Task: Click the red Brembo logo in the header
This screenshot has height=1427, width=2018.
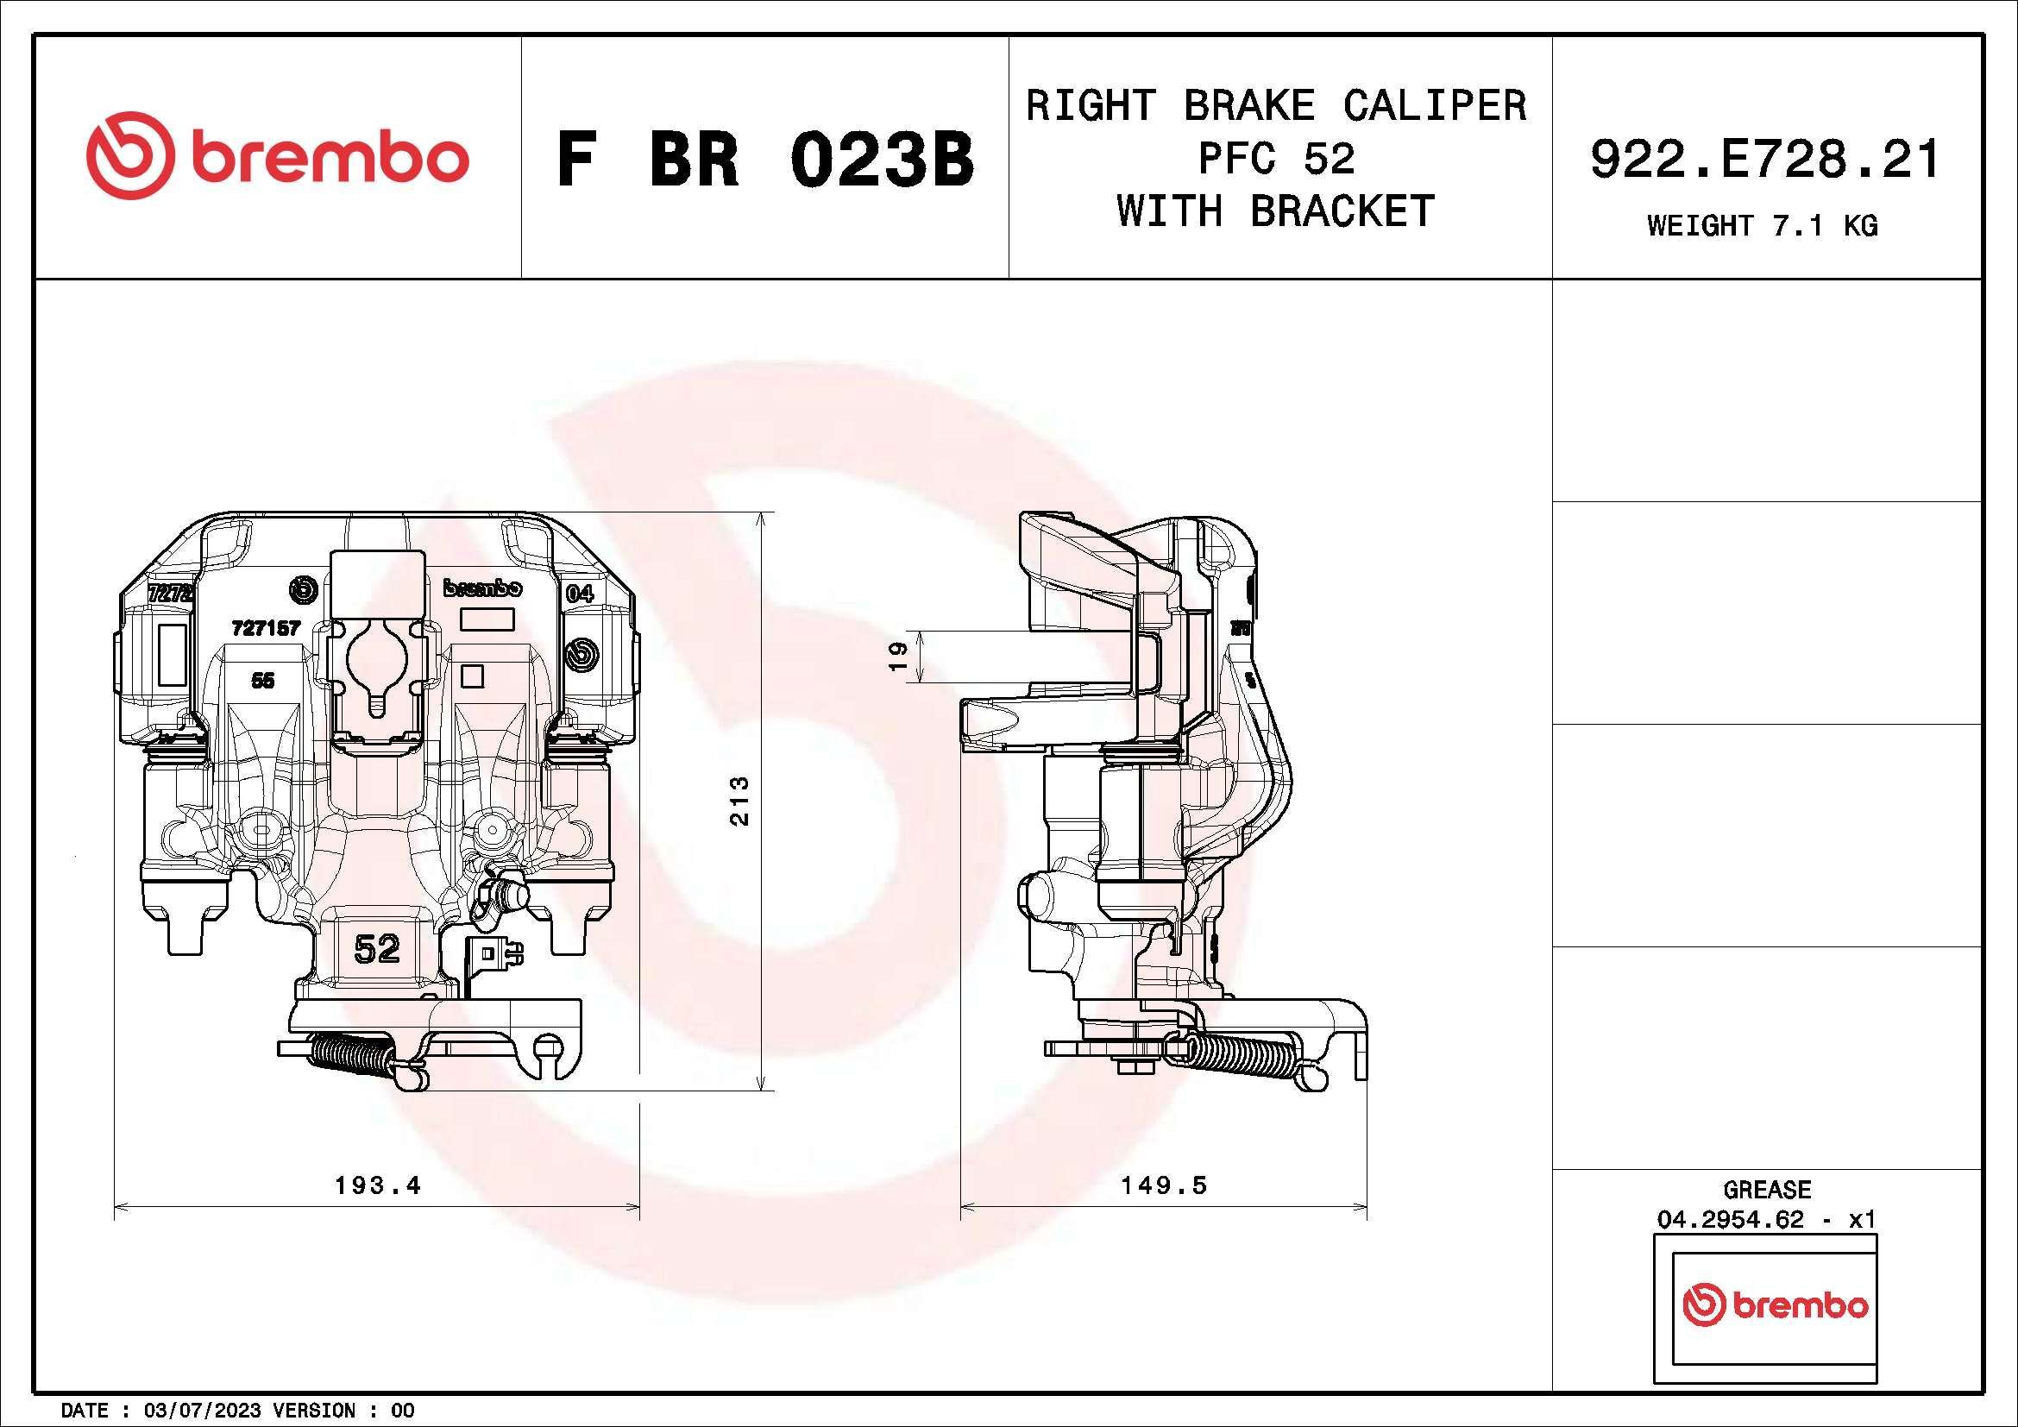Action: point(278,156)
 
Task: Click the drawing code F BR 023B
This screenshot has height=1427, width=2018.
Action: point(765,160)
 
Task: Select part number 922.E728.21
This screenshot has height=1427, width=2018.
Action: point(1765,160)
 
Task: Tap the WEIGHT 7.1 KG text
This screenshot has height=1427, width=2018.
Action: point(1763,226)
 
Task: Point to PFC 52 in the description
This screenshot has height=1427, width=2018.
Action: point(1276,159)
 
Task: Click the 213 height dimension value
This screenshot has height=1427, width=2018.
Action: point(740,801)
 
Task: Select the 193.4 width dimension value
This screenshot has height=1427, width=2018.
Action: point(377,1185)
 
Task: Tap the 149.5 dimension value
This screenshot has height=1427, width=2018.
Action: point(1164,1185)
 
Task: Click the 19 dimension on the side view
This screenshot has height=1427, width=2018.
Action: point(897,657)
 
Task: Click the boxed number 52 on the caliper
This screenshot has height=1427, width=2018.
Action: point(377,949)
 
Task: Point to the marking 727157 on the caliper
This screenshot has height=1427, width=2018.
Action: point(266,627)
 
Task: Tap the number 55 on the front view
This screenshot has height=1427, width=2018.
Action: point(262,680)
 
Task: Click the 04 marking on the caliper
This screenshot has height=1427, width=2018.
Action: point(579,593)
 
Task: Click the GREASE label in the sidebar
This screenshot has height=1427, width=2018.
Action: point(1767,1190)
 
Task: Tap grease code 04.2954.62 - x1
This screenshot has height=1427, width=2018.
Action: point(1767,1220)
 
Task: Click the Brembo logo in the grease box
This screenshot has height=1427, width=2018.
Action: point(1775,1304)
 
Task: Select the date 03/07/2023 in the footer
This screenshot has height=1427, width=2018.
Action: point(201,1411)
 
